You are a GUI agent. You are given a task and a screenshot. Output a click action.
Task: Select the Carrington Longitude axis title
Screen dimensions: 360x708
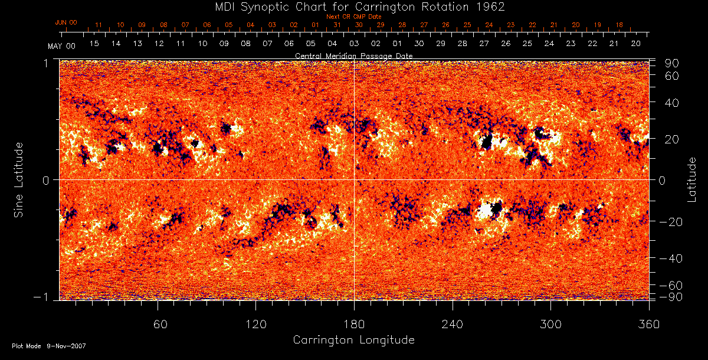[353, 340]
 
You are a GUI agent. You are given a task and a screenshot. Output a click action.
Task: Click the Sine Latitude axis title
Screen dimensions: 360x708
[19, 179]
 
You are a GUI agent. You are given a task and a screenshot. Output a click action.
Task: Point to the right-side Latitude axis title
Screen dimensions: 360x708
[691, 179]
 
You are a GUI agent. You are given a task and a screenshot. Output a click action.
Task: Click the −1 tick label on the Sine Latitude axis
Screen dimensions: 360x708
[46, 297]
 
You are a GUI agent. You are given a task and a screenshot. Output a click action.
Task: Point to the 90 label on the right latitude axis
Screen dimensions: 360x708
[673, 63]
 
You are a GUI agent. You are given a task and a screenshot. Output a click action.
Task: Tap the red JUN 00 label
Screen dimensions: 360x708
[65, 22]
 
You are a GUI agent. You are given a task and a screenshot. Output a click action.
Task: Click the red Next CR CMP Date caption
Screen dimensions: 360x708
[353, 17]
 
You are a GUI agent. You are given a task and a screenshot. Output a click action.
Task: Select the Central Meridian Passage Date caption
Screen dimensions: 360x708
[353, 55]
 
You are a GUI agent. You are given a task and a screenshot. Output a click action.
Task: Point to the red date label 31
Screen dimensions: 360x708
[336, 25]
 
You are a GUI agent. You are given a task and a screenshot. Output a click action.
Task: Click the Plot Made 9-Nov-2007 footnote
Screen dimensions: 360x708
[48, 346]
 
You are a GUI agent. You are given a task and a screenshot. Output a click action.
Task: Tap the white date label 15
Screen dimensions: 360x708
[94, 44]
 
